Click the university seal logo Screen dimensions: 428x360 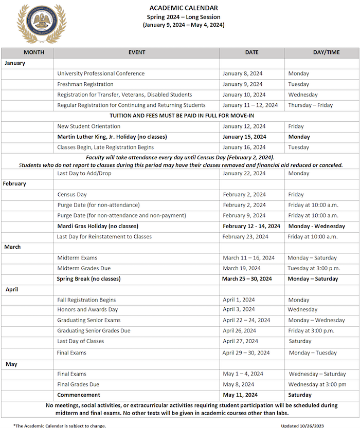(x=42, y=24)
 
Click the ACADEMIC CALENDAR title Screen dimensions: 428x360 (x=184, y=8)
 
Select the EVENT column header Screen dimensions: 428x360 (x=137, y=52)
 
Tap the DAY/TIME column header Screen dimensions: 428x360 (x=321, y=52)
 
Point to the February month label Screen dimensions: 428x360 (x=15, y=183)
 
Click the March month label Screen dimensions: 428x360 (x=12, y=247)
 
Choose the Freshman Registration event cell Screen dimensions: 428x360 (x=85, y=84)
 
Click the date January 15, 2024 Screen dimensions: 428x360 (x=244, y=137)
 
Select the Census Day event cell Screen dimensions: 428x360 (x=72, y=195)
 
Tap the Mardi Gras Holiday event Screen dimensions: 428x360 (x=98, y=226)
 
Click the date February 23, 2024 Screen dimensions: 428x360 (x=245, y=237)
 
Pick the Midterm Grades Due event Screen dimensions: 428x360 (x=84, y=268)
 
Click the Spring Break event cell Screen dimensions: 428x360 (x=88, y=279)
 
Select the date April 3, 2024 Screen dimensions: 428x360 (x=239, y=310)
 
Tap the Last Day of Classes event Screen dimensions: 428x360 (x=81, y=341)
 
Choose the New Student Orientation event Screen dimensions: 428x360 (x=89, y=126)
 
